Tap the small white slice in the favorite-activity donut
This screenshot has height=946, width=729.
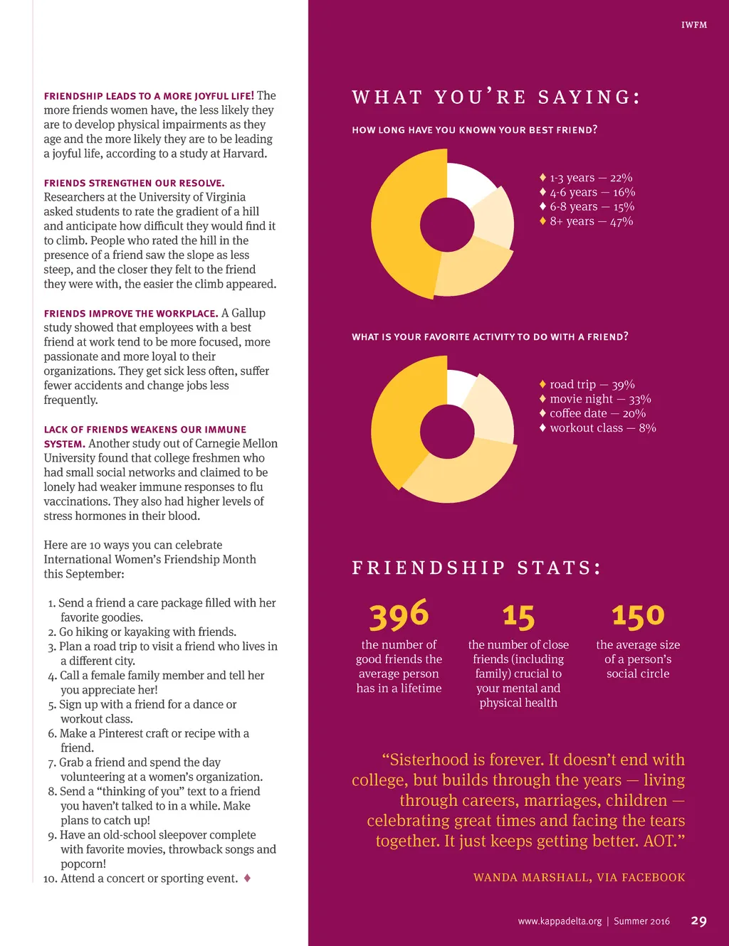460,386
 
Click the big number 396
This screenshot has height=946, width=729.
399,615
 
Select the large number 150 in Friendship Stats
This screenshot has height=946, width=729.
638,616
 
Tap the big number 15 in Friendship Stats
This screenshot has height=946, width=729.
518,617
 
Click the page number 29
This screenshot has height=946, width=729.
698,921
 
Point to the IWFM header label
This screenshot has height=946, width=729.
694,25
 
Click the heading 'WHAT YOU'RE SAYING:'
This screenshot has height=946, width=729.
496,97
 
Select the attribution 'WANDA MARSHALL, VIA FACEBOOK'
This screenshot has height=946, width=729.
579,878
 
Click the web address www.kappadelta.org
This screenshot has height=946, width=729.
560,921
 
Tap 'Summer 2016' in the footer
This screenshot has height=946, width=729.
641,921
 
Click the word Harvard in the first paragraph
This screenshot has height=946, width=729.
244,154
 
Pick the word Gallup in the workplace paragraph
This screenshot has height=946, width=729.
243,313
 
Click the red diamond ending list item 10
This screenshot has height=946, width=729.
247,878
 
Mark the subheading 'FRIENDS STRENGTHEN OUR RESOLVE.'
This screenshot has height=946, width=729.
134,183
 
